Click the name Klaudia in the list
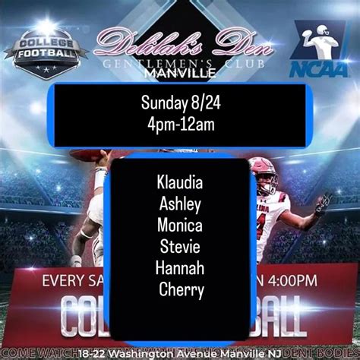click(180, 182)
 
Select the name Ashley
click(180, 203)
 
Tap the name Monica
click(180, 224)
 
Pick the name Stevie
click(180, 245)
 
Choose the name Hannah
click(180, 267)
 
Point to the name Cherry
click(182, 289)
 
